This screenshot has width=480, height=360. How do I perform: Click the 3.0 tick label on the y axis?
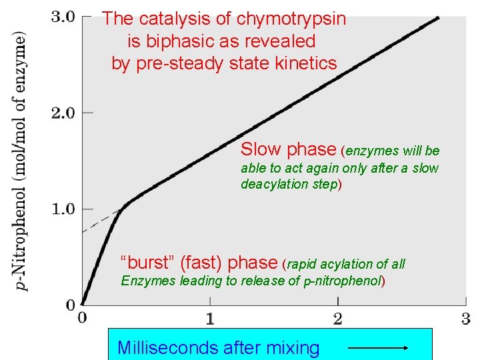click(x=63, y=17)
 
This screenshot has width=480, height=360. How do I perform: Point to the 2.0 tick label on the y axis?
click(x=63, y=113)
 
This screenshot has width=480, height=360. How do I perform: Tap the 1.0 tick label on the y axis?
click(x=63, y=209)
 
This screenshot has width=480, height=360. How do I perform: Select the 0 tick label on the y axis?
click(x=70, y=305)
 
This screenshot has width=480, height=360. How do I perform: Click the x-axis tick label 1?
click(x=210, y=319)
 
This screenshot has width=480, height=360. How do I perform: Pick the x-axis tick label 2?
click(x=338, y=319)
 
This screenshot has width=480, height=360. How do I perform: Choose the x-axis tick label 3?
click(x=466, y=319)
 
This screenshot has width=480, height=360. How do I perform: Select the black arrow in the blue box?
click(x=378, y=347)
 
